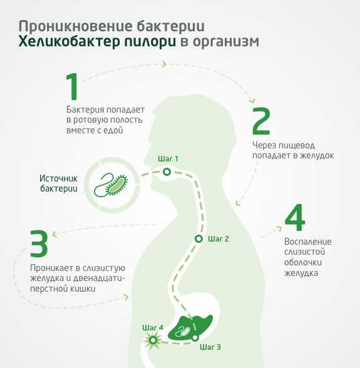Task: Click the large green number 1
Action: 73,86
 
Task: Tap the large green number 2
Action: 261,121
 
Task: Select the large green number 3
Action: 39,243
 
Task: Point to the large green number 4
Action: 295,217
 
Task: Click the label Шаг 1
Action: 168,159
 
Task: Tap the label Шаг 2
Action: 219,239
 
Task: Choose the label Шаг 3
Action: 210,347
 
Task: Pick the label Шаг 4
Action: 153,327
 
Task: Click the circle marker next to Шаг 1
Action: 167,172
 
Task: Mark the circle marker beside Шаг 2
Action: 198,239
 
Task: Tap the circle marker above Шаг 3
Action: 195,338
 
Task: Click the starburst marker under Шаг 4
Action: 153,340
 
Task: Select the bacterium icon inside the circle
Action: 111,185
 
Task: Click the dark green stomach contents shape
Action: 191,327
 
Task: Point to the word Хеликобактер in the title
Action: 97,42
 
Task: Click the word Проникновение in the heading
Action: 76,26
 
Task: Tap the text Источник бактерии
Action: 58,183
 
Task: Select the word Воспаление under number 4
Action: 308,242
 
